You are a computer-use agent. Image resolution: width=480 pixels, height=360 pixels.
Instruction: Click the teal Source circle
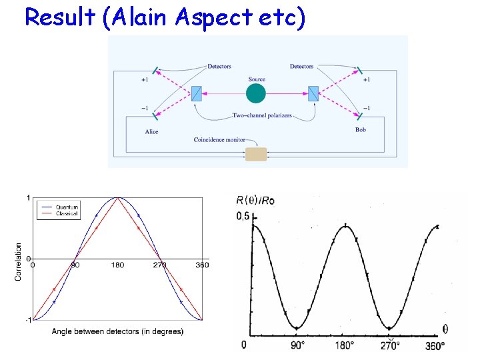tap(256, 93)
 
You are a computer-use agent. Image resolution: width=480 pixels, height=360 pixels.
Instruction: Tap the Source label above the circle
tap(257, 79)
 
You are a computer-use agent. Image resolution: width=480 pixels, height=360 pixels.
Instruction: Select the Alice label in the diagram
tap(152, 132)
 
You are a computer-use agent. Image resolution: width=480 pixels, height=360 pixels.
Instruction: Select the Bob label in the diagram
tap(361, 130)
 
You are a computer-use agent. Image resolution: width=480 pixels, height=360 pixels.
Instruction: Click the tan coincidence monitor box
tap(256, 154)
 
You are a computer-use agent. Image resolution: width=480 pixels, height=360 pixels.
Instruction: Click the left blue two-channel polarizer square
tap(197, 93)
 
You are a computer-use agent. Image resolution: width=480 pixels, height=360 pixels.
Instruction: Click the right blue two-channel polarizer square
tap(313, 93)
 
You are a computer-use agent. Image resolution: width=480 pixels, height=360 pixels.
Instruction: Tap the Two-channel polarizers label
tap(261, 116)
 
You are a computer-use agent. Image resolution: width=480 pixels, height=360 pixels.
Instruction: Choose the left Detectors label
tap(219, 67)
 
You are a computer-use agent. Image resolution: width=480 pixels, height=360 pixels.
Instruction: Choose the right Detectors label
tap(302, 67)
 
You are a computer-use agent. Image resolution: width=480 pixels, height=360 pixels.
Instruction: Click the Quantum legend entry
tap(66, 207)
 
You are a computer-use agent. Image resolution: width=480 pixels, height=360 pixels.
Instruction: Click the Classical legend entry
tap(66, 213)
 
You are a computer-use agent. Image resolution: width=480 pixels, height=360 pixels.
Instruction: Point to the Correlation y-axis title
tap(18, 261)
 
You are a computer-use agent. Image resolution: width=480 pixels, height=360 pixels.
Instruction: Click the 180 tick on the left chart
tap(117, 265)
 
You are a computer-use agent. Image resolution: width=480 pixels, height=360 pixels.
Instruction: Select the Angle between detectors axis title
tap(117, 331)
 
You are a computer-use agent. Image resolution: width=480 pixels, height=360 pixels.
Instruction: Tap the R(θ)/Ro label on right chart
tap(255, 199)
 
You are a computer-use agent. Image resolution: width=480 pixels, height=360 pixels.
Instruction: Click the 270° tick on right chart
tap(390, 345)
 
